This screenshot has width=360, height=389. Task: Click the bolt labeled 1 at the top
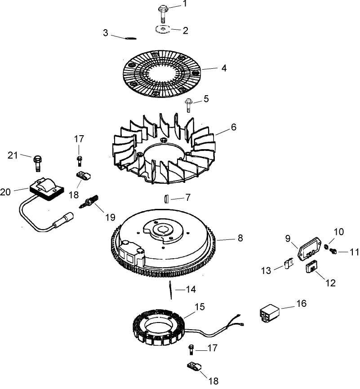pyautogui.click(x=163, y=11)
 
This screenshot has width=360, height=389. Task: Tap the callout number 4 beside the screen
pyautogui.click(x=223, y=69)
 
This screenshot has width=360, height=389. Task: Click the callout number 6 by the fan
pyautogui.click(x=233, y=127)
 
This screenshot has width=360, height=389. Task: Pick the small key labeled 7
pyautogui.click(x=166, y=198)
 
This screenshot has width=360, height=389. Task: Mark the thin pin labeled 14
pyautogui.click(x=173, y=290)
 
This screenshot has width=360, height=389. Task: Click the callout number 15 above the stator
pyautogui.click(x=199, y=307)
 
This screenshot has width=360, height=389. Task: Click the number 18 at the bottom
pyautogui.click(x=213, y=381)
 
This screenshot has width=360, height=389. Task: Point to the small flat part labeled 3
pyautogui.click(x=129, y=38)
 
